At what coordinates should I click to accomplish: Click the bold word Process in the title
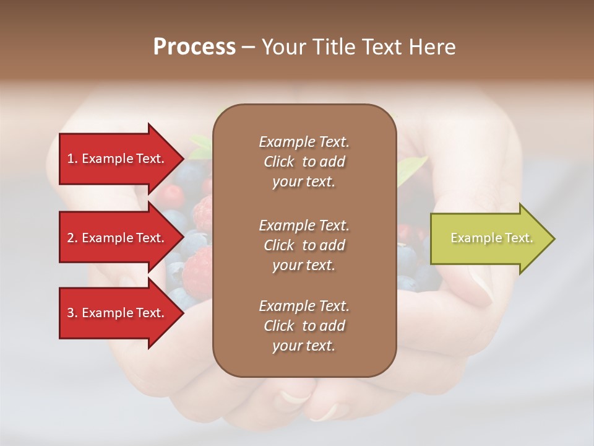[x=194, y=47]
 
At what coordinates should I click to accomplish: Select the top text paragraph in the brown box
[x=304, y=162]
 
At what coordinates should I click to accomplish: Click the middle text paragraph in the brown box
[x=304, y=245]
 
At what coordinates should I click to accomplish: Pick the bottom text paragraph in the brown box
[x=304, y=326]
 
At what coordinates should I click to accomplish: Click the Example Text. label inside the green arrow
[x=491, y=238]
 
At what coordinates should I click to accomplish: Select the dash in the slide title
[x=248, y=48]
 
